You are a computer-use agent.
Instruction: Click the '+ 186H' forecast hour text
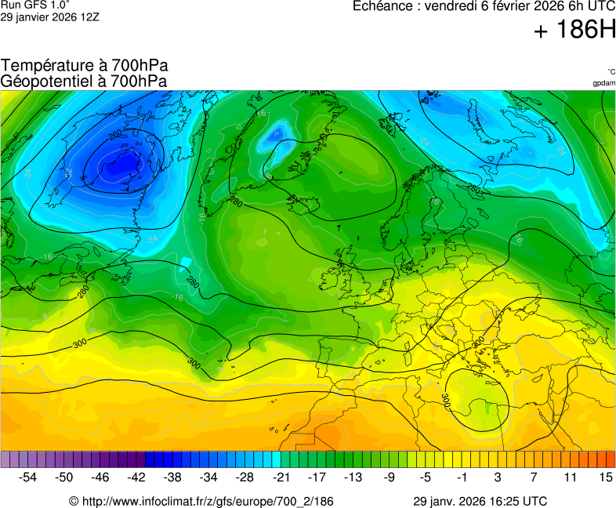[574, 30]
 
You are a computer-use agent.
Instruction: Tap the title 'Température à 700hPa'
[85, 66]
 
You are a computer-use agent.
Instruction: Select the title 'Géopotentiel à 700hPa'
[85, 81]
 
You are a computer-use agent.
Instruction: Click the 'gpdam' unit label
[603, 83]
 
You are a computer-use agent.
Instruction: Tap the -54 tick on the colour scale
[28, 477]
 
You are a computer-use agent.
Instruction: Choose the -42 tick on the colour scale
[136, 477]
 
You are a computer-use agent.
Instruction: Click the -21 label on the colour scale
[281, 477]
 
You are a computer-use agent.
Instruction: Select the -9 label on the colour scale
[390, 477]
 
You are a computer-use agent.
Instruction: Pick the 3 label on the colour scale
[498, 477]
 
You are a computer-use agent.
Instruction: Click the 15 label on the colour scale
[605, 477]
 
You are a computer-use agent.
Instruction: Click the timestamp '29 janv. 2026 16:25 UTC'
[480, 501]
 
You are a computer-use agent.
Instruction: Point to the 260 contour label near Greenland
[115, 135]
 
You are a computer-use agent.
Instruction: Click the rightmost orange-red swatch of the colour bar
[611, 459]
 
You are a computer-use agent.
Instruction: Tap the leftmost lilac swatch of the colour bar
[5, 459]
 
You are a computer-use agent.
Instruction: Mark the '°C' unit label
[611, 71]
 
